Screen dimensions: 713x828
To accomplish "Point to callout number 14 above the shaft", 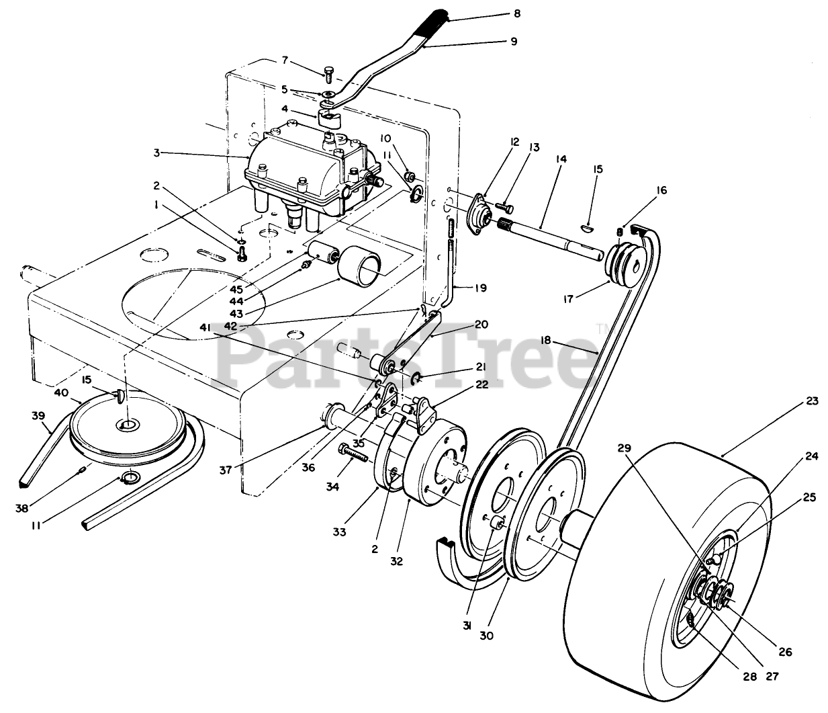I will [561, 159].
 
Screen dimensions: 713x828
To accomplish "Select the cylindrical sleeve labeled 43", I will [359, 269].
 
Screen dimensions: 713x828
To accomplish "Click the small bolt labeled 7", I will [328, 74].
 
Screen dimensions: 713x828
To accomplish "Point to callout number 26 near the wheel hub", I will [784, 651].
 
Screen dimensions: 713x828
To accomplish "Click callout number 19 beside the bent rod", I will [480, 288].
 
